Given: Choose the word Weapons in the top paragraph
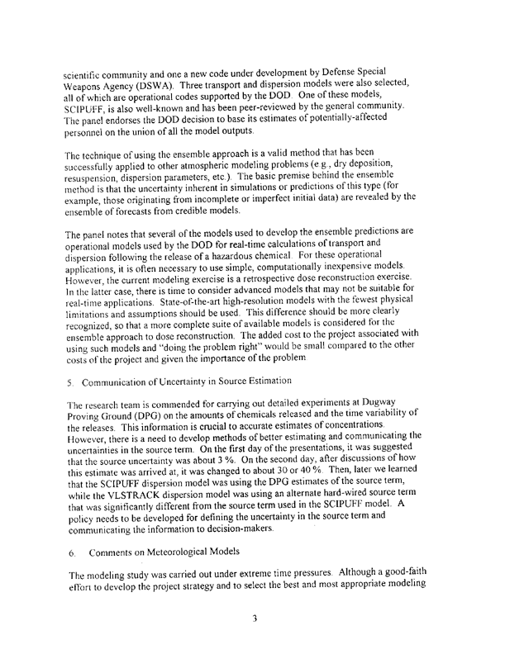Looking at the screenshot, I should tap(93, 94).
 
